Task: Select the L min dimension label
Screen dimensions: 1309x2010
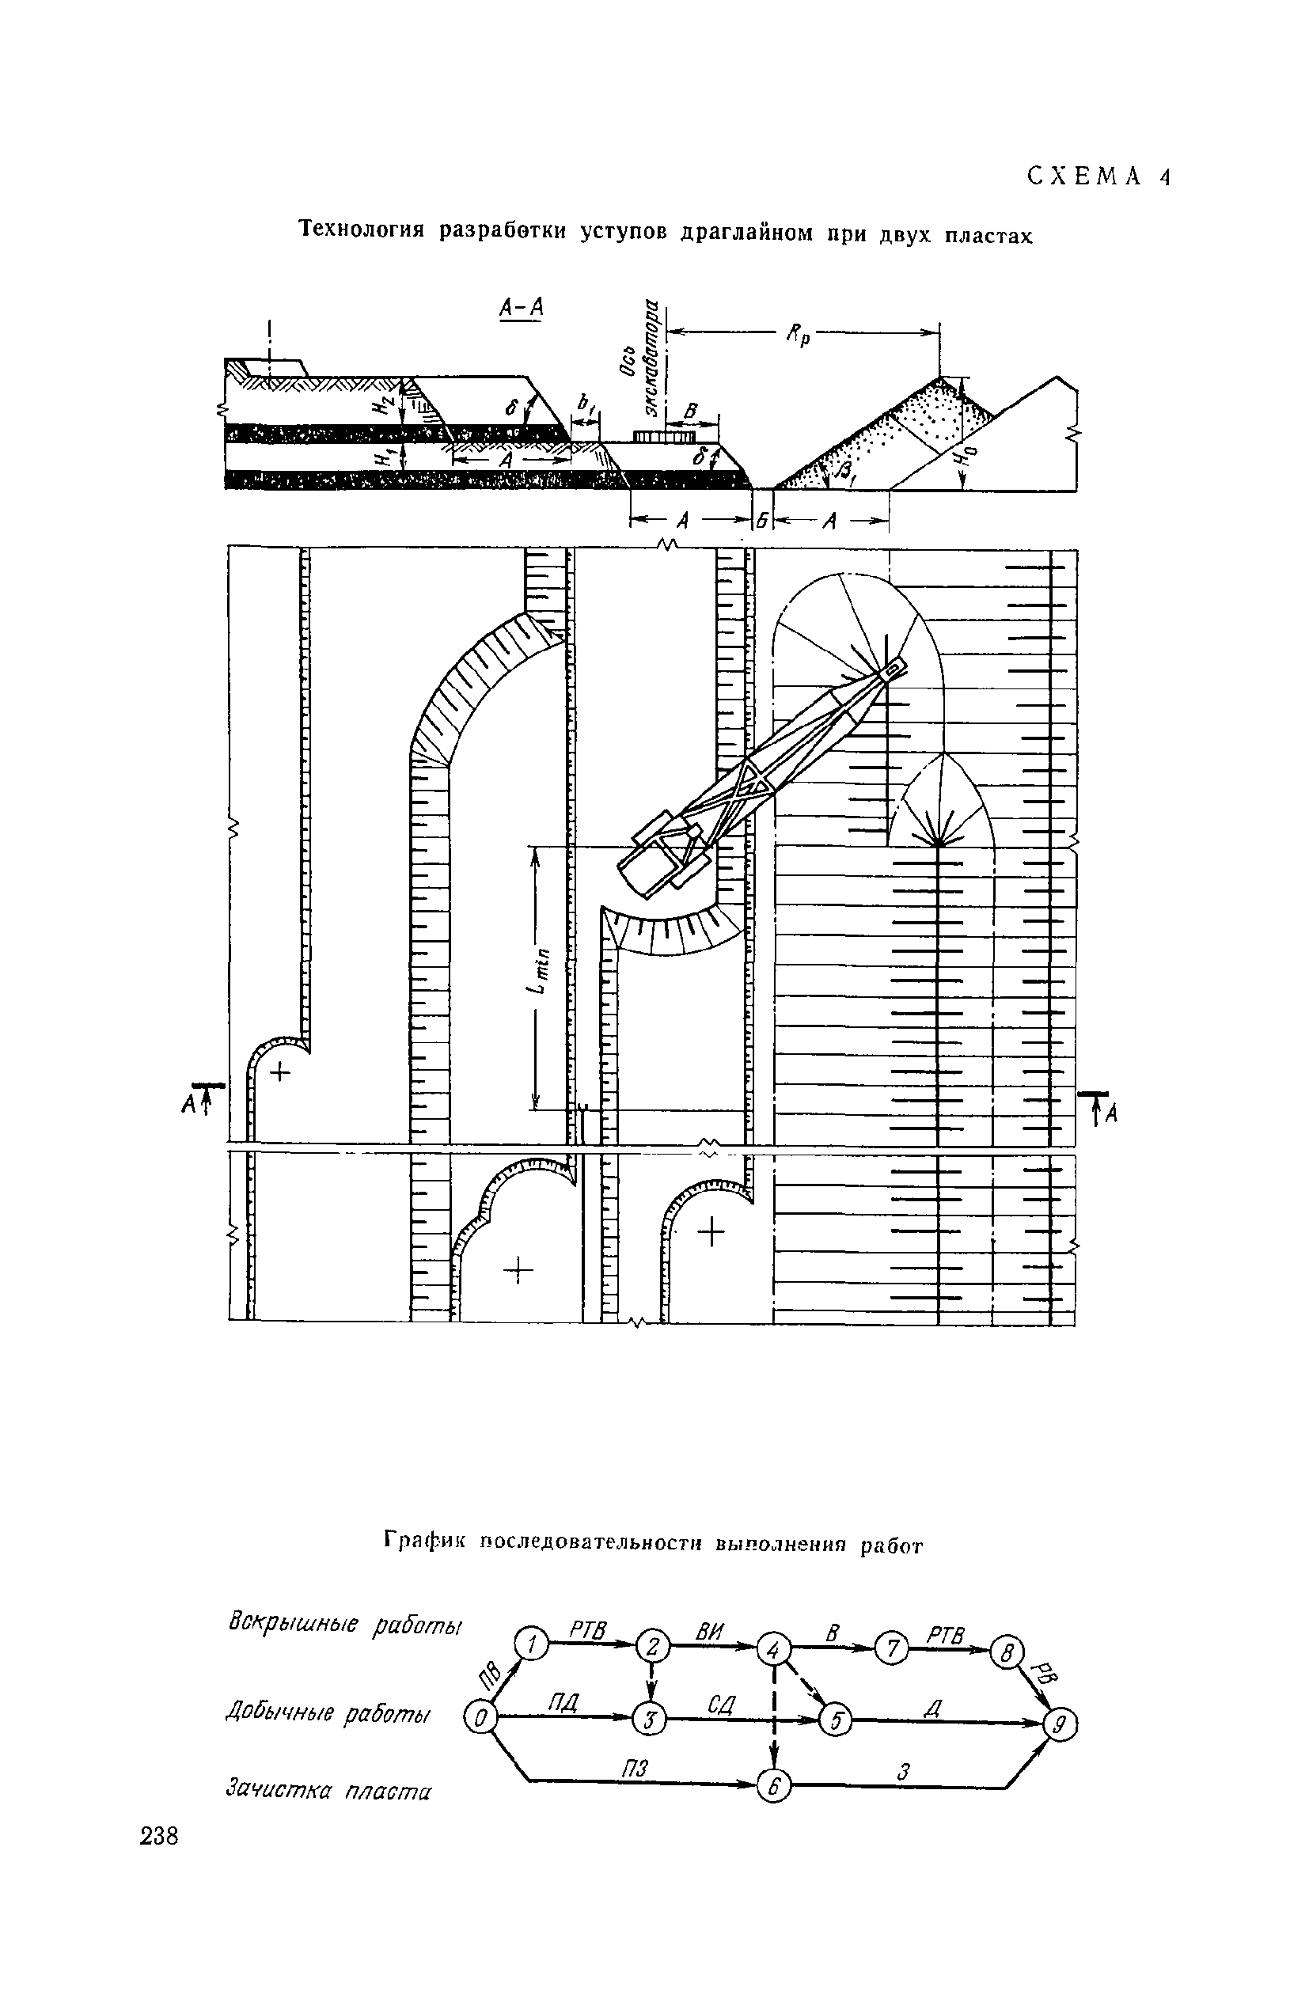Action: pos(541,971)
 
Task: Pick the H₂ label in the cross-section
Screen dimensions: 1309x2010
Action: pos(385,405)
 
